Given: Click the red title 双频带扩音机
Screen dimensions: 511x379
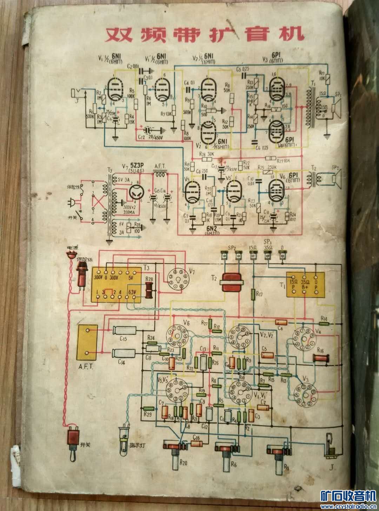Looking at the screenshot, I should pyautogui.click(x=204, y=34).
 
